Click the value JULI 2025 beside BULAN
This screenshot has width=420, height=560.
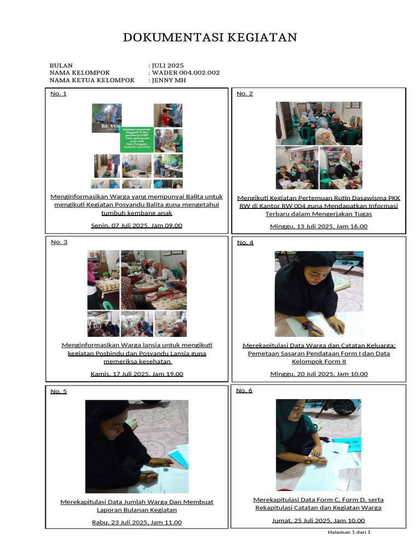tap(167, 65)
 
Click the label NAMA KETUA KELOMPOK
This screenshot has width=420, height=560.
tap(92, 80)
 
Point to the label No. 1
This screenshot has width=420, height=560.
tap(59, 94)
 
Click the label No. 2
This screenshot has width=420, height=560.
tap(244, 94)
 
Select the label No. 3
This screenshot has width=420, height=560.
tap(59, 242)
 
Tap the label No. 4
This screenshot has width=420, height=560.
tap(245, 242)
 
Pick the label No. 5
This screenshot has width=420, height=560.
tap(59, 391)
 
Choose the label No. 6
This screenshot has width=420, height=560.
tap(244, 390)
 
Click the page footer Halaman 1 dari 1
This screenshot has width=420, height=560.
tap(349, 532)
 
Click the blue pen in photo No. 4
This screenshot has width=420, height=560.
tap(313, 328)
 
